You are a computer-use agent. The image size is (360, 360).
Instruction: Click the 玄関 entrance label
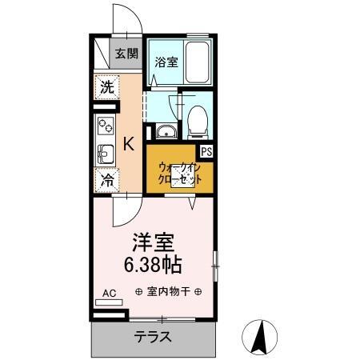click(x=126, y=54)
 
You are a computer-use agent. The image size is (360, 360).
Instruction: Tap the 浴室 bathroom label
click(x=166, y=62)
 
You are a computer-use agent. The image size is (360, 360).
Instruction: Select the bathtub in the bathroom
click(x=197, y=62)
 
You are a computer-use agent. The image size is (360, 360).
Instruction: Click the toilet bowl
click(x=198, y=122)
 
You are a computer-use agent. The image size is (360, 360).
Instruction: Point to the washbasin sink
click(x=166, y=131)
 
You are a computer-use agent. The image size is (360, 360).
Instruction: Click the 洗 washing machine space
click(x=106, y=87)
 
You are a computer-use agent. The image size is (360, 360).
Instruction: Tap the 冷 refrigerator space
click(x=106, y=180)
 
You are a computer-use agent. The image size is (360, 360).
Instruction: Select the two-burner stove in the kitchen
click(x=106, y=126)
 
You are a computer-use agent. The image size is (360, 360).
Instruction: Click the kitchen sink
click(x=106, y=154)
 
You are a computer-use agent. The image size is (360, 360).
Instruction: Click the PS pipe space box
click(x=206, y=152)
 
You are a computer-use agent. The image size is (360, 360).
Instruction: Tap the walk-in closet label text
click(x=180, y=174)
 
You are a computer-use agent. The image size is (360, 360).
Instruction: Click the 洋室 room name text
click(x=154, y=242)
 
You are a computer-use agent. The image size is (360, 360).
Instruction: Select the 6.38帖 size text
click(x=153, y=265)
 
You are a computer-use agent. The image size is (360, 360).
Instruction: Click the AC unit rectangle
click(x=109, y=302)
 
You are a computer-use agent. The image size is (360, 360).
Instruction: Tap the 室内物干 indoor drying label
click(x=168, y=292)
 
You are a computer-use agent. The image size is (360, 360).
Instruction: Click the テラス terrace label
click(x=153, y=337)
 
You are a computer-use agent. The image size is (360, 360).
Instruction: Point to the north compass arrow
click(x=259, y=337)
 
